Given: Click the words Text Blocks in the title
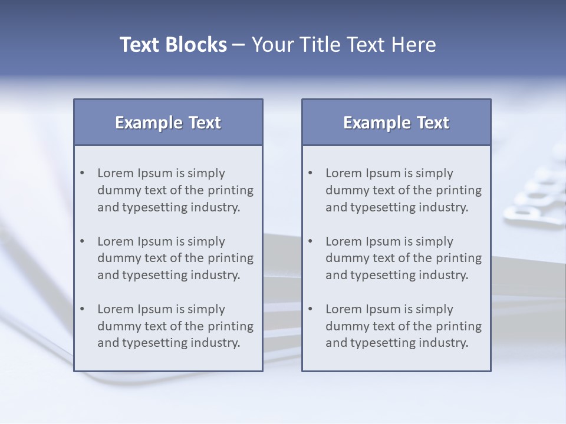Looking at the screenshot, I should (173, 45).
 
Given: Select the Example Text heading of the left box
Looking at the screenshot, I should (168, 122).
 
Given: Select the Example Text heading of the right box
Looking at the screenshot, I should (396, 122).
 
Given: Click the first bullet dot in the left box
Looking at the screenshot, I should (83, 173).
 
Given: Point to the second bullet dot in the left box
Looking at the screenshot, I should (83, 241).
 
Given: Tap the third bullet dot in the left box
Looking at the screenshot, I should (83, 309).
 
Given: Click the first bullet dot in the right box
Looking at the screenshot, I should (311, 173).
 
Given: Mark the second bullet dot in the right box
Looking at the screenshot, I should (311, 241).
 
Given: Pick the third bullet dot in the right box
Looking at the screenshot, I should (311, 309).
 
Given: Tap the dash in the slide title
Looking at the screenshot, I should (239, 45).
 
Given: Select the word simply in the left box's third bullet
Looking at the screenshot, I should (206, 310).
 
